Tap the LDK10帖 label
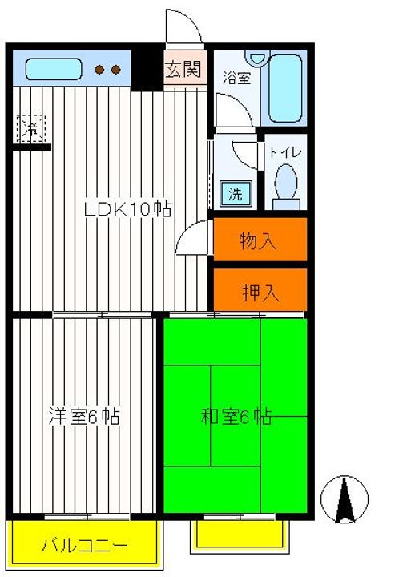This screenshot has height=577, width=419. point(129,209)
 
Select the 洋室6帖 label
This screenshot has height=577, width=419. point(84,417)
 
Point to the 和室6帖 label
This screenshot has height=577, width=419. point(236,417)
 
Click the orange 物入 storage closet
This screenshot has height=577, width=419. point(260,240)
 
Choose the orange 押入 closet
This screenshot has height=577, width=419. point(260,292)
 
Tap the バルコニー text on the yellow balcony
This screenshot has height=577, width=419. point(83,547)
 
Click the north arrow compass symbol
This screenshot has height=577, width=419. point(345,498)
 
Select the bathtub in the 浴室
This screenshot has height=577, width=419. point(286,88)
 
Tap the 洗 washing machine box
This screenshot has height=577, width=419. point(236,192)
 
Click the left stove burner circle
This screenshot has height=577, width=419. point(100,70)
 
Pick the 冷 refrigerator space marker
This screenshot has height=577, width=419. point(31,128)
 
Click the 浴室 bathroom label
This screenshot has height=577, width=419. point(236,78)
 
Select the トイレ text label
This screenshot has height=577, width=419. point(284,151)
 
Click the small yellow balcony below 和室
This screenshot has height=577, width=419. point(240,534)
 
